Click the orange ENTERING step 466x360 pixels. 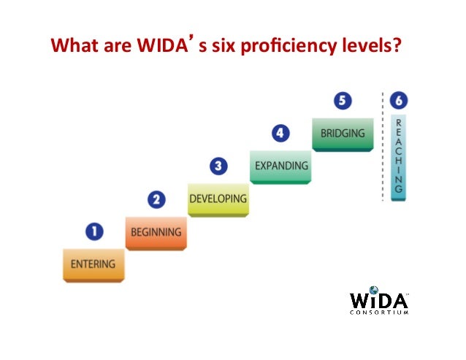[93, 264]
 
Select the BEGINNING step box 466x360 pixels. [156, 232]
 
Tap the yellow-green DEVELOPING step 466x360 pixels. [218, 199]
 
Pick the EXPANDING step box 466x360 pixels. [280, 166]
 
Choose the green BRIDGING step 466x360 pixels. [343, 134]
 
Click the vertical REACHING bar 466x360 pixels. [397, 156]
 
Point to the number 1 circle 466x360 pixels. [93, 232]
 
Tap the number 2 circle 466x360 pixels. [156, 199]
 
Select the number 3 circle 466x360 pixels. [218, 166]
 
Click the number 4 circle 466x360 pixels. [280, 134]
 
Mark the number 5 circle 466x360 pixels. [343, 100]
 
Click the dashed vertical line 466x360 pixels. [383, 146]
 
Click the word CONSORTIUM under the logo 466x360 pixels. [379, 312]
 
